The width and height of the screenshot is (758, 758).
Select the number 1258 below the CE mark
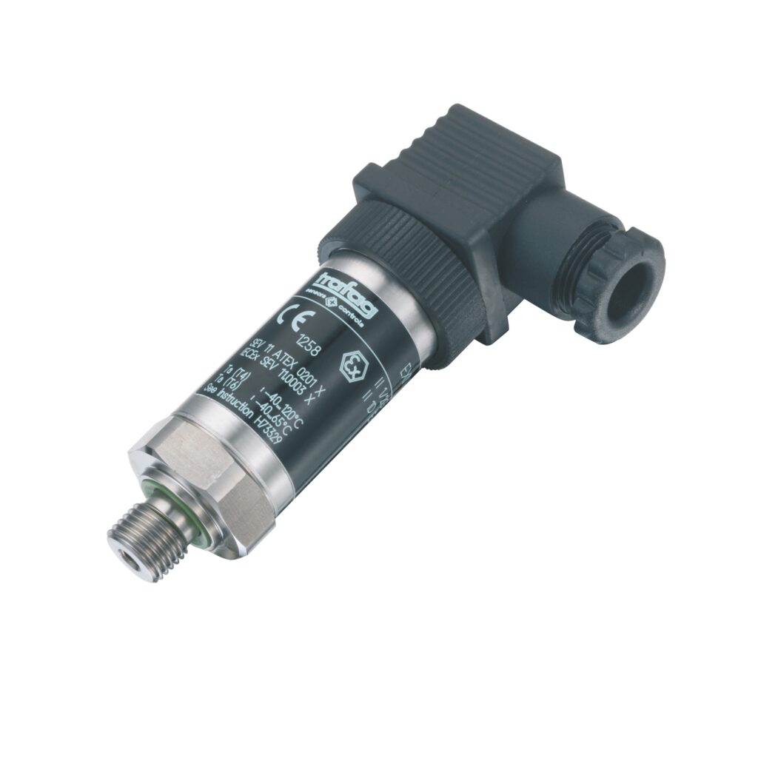309,345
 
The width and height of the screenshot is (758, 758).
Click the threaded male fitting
141,537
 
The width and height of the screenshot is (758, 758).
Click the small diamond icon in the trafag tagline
329,302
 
